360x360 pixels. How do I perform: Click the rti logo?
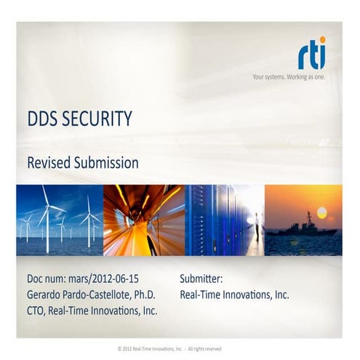[311, 55]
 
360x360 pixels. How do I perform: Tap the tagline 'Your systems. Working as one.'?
[289, 76]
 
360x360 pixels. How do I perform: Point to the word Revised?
[49, 163]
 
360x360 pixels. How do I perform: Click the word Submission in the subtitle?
[106, 163]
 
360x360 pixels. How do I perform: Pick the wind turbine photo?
[60, 220]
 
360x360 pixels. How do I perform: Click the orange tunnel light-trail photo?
[143, 220]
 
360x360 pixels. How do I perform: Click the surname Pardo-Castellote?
[105, 295]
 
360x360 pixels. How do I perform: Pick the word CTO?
[36, 311]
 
